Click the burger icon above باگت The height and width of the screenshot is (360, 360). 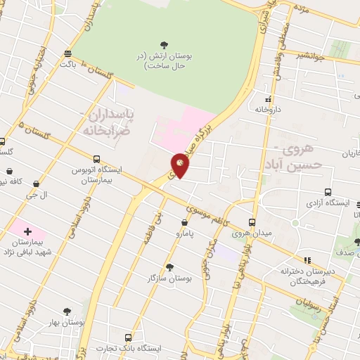click(67, 53)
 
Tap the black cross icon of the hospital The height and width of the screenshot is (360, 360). click(27, 231)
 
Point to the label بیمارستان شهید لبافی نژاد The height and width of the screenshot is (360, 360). click(29, 246)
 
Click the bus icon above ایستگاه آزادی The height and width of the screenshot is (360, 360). click(328, 192)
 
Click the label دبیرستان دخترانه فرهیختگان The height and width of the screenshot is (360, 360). click(307, 275)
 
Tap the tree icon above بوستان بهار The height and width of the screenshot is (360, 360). click(67, 311)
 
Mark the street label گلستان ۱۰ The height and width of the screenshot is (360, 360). click(97, 68)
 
